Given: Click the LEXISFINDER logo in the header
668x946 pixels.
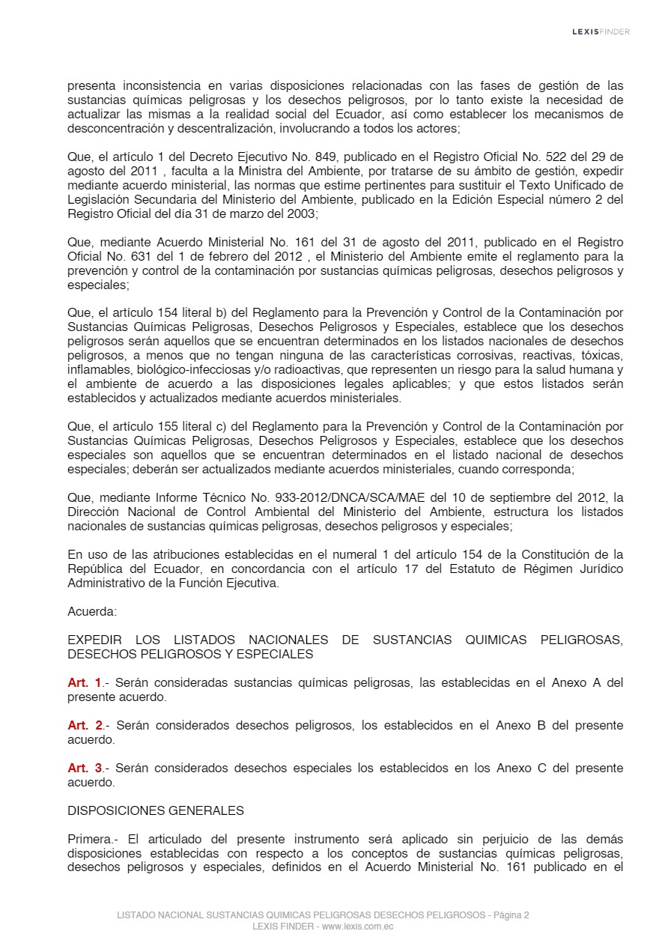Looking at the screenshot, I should click(601, 31).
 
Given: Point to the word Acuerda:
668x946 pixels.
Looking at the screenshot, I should click(92, 611).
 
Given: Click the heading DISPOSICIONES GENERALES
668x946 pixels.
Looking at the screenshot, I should click(156, 810).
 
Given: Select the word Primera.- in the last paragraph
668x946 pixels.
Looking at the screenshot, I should click(93, 839).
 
